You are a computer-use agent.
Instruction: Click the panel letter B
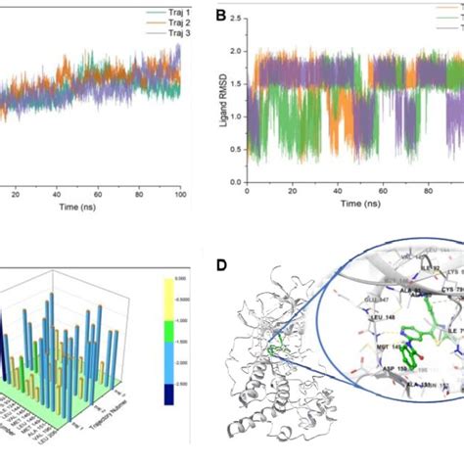[x=221, y=16]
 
